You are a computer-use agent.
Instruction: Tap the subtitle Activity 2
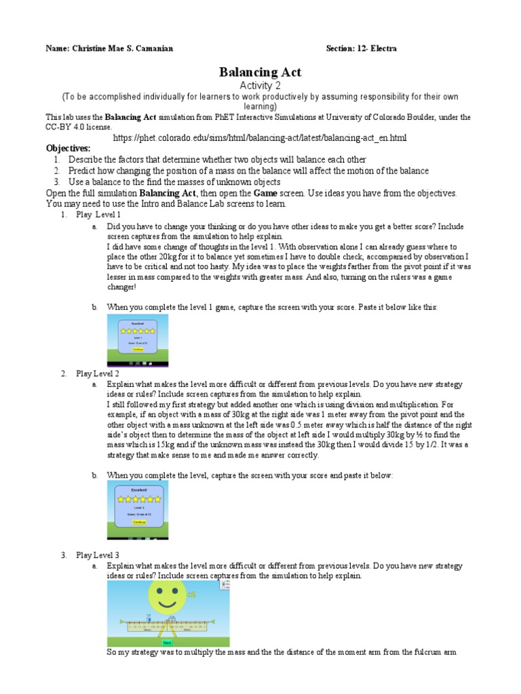[x=260, y=85]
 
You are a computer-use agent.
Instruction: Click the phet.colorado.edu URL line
[x=260, y=138]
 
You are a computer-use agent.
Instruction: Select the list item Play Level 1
[x=98, y=214]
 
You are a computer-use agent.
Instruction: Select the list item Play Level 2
[x=98, y=373]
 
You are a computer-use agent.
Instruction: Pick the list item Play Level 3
[x=98, y=555]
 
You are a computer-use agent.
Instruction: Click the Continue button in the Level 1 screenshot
[x=138, y=350]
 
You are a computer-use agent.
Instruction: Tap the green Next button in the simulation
[x=168, y=642]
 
